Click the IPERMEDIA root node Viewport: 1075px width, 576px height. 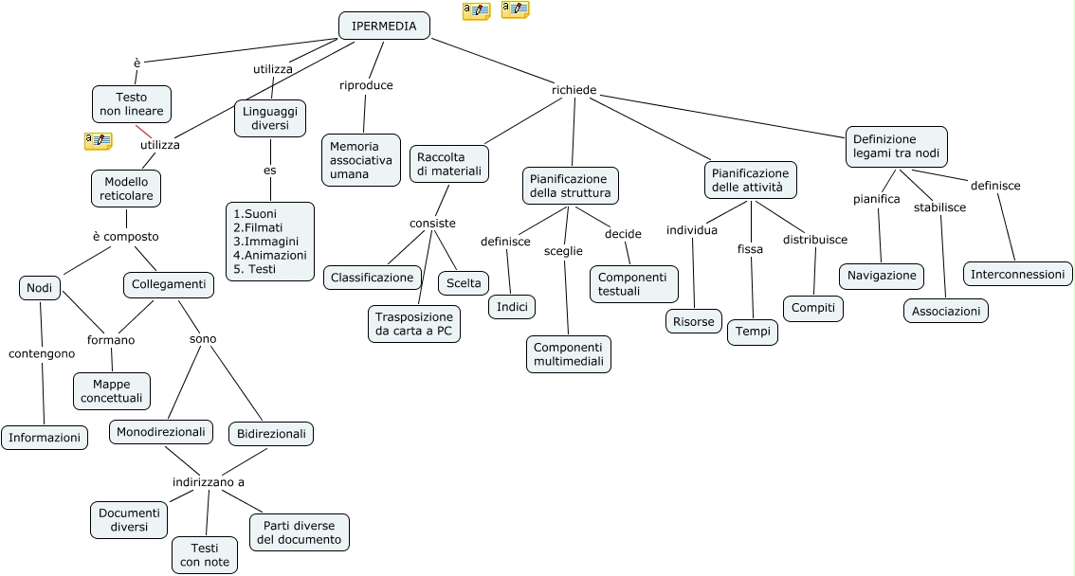click(384, 26)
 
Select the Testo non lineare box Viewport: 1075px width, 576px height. click(132, 104)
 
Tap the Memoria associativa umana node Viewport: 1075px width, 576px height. click(360, 160)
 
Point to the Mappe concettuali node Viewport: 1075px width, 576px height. click(112, 390)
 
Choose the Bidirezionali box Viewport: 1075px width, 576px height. click(271, 434)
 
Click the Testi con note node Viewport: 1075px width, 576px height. click(205, 555)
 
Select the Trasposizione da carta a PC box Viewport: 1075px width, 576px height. click(413, 323)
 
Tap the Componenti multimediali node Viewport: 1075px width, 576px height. click(569, 354)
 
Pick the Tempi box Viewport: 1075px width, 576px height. click(753, 333)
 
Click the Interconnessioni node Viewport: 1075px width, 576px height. click(1018, 275)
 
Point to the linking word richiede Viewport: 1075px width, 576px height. click(574, 90)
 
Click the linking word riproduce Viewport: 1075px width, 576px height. click(366, 85)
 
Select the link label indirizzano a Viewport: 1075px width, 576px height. click(209, 482)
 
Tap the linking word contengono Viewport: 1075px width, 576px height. click(42, 353)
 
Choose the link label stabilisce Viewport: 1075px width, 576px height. click(939, 207)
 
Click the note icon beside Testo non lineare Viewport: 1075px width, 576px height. click(98, 141)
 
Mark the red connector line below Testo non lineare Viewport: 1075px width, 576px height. click(143, 132)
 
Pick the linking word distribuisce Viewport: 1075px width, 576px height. click(815, 240)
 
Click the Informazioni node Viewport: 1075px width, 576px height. click(45, 438)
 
